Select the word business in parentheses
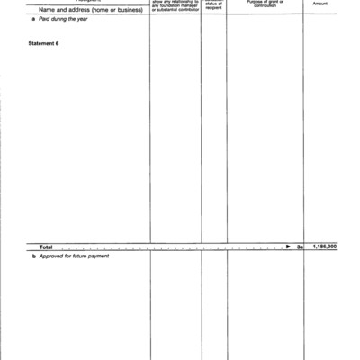tap(130, 11)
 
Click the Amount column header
tap(319, 4)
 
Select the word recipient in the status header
tap(213, 12)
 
